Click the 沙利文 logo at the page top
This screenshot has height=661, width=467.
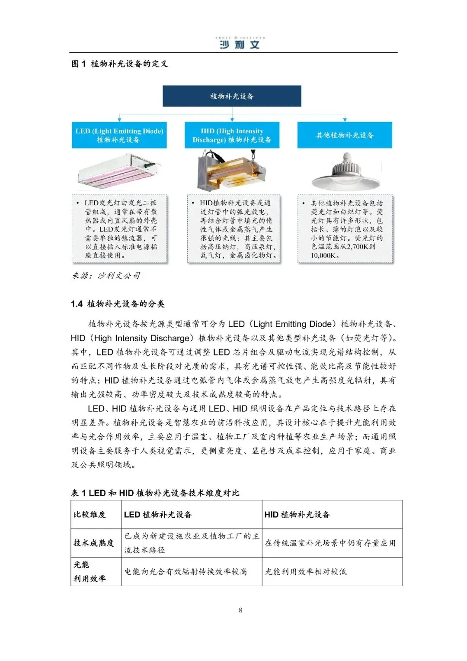[240, 43]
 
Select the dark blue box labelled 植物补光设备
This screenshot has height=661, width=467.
[232, 96]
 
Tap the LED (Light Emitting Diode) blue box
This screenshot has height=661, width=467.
[119, 135]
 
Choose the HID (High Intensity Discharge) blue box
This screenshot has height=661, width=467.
[232, 135]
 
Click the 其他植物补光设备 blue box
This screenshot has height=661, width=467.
[345, 135]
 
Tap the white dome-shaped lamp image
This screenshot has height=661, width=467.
[346, 172]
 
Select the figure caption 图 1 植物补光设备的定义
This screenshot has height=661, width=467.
[119, 64]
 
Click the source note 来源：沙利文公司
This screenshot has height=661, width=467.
[106, 275]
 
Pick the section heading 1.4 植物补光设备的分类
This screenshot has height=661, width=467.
[118, 303]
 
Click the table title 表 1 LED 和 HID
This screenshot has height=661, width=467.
[155, 493]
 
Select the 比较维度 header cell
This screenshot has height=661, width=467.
[90, 514]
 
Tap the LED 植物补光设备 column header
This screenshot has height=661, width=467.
[158, 514]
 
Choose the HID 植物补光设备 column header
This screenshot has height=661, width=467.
[297, 514]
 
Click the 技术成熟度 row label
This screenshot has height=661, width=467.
[94, 543]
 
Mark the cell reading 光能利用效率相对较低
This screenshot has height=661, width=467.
[306, 571]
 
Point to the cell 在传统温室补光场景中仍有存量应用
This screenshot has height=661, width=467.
[330, 543]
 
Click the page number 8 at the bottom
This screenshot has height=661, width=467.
[240, 610]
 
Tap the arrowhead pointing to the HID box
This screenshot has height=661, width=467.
[232, 119]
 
